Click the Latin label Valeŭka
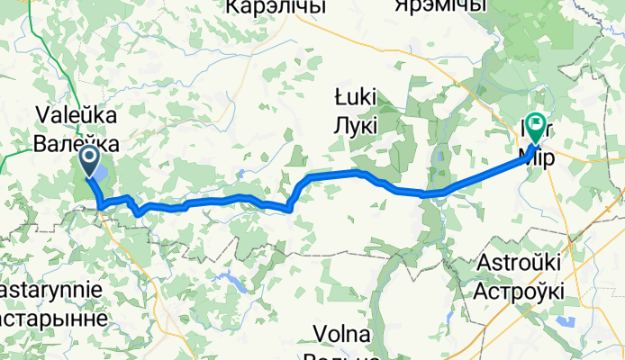click(x=77, y=114)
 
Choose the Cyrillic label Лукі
click(x=356, y=125)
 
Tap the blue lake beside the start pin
click(x=101, y=172)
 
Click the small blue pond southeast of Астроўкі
click(x=566, y=321)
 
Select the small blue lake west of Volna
click(x=233, y=283)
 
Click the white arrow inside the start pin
click(x=90, y=158)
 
